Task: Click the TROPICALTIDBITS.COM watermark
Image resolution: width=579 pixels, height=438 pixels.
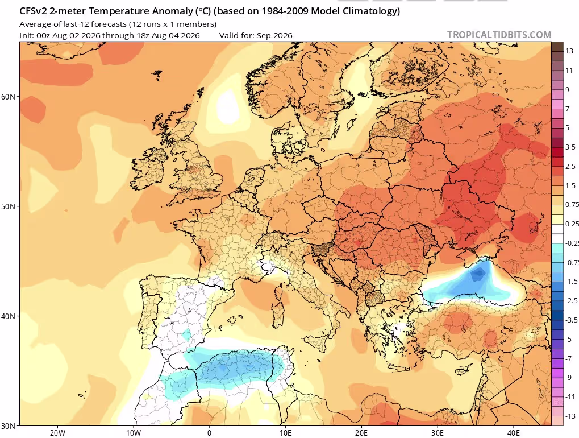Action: tap(499, 35)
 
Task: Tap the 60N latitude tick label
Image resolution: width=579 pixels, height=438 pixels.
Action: tap(8, 97)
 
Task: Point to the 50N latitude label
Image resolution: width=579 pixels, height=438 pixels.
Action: tap(8, 206)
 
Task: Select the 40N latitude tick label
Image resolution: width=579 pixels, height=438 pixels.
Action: tap(8, 316)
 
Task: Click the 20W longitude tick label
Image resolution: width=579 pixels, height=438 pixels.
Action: tap(57, 433)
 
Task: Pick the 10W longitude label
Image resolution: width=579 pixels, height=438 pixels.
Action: tap(134, 433)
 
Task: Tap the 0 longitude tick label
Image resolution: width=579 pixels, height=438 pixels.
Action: tap(209, 433)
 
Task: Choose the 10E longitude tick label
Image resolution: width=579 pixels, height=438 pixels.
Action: tap(285, 433)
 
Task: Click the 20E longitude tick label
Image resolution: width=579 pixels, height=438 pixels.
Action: tap(361, 433)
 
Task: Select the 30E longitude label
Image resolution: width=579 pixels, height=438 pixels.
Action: tap(437, 433)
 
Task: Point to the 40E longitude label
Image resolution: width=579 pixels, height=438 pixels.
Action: tap(513, 433)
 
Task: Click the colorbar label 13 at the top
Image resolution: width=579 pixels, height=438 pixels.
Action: tap(569, 51)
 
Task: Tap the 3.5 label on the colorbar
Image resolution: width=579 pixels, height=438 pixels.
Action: tap(570, 147)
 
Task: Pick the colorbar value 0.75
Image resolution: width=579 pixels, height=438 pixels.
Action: tap(572, 205)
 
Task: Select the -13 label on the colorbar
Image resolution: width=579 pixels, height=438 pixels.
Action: tap(570, 416)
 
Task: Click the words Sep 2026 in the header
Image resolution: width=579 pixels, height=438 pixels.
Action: tap(274, 35)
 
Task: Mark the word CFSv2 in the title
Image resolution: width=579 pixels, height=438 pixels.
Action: tap(33, 11)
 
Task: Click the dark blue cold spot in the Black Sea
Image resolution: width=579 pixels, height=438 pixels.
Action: tap(478, 274)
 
